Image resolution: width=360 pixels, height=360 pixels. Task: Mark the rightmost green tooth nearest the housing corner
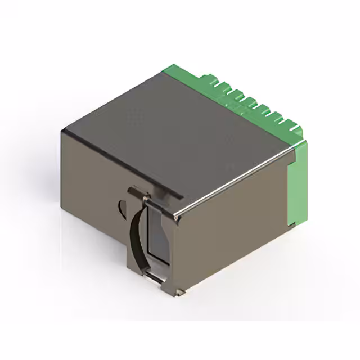pyautogui.click(x=292, y=126)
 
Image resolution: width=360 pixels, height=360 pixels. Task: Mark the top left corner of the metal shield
pyautogui.click(x=63, y=130)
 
